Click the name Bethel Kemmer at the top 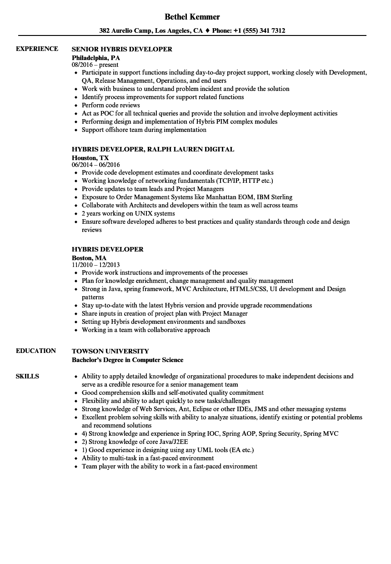pyautogui.click(x=192, y=17)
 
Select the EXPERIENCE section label pyautogui.click(x=37, y=49)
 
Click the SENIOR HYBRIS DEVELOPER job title pyautogui.click(x=122, y=49)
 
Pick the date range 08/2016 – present pyautogui.click(x=95, y=65)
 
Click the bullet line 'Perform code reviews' pyautogui.click(x=110, y=105)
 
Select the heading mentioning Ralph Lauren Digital pyautogui.click(x=153, y=149)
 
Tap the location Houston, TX pyautogui.click(x=90, y=158)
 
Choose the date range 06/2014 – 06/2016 pyautogui.click(x=95, y=165)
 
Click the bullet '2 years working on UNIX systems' pyautogui.click(x=128, y=213)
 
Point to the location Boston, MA pyautogui.click(x=89, y=258)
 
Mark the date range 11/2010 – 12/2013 pyautogui.click(x=95, y=265)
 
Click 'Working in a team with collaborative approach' pyautogui.click(x=145, y=330)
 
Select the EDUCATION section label pyautogui.click(x=36, y=351)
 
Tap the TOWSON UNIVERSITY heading pyautogui.click(x=110, y=351)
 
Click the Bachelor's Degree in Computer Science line pyautogui.click(x=127, y=360)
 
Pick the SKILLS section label pyautogui.click(x=27, y=376)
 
